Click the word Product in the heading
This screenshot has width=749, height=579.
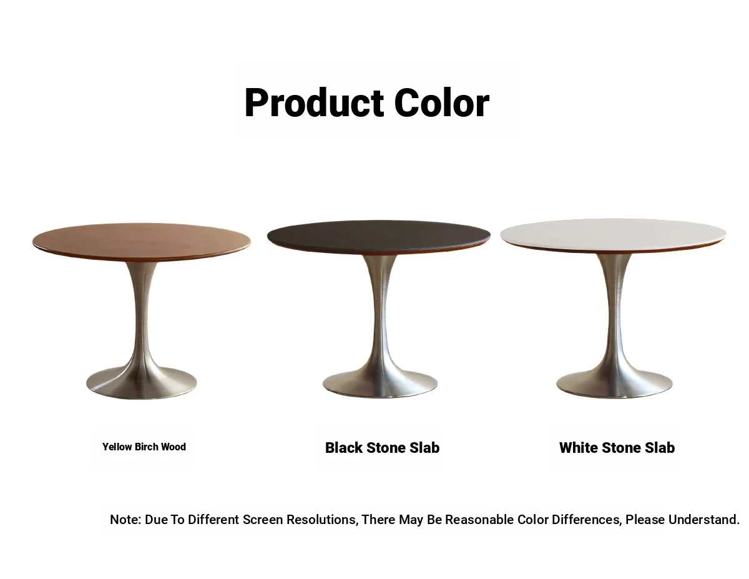[x=314, y=103]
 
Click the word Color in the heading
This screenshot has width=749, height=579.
[x=441, y=103]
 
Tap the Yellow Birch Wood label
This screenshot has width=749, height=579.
[x=144, y=447]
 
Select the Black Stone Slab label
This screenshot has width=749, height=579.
[x=382, y=448]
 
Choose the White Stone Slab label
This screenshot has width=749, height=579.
[x=617, y=448]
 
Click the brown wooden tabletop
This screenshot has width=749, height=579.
[x=142, y=241]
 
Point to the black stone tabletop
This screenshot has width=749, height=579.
[x=378, y=236]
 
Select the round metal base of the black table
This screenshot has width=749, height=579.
[x=380, y=384]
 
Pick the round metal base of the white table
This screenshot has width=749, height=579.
[x=614, y=384]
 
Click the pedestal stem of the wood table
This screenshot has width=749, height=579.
[x=141, y=314]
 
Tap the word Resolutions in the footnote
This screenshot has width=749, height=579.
[x=322, y=519]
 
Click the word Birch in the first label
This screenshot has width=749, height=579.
[x=146, y=447]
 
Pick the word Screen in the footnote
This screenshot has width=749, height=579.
[x=263, y=519]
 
